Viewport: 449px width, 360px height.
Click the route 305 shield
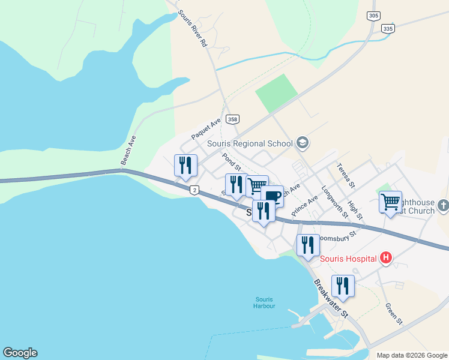pos(373,16)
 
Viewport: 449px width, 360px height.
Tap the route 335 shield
pos(388,29)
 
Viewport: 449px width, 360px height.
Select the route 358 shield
pos(234,119)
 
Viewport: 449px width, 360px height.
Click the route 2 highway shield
pos(194,190)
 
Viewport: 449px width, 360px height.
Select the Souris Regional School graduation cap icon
pos(303,143)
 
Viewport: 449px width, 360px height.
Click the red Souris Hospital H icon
pos(386,258)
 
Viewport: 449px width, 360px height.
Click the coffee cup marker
pos(272,196)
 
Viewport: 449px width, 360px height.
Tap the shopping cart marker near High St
pos(390,202)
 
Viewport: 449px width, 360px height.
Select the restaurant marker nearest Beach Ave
pos(185,165)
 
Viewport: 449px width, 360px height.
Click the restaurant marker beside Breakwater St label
pos(342,285)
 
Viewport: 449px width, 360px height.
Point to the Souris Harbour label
pos(265,302)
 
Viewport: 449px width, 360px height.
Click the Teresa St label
pos(346,174)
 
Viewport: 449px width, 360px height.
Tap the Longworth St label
pos(334,200)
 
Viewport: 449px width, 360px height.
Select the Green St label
pos(394,313)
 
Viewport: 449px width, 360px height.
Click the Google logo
pos(20,353)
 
